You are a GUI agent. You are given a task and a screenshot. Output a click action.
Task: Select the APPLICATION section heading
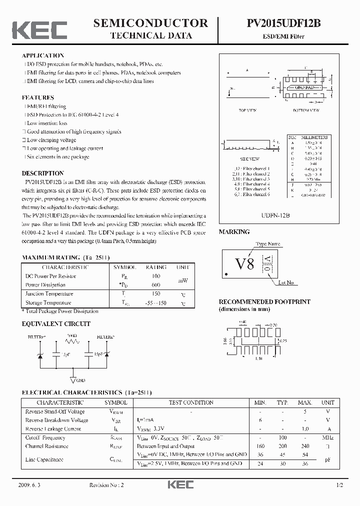tap(43, 55)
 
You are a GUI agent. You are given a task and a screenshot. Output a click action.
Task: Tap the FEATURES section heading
tap(38, 97)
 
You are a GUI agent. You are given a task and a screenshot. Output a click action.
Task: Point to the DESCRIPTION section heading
tap(43, 173)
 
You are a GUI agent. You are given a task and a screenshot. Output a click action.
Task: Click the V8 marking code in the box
tap(244, 263)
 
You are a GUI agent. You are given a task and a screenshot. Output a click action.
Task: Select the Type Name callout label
tap(268, 244)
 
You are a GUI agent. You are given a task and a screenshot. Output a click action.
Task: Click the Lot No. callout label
tap(286, 282)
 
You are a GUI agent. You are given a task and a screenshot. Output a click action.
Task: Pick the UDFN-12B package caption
tap(275, 214)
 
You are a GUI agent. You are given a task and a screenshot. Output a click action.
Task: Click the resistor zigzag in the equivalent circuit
tap(73, 342)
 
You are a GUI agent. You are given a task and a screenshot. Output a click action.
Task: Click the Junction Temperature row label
tap(49, 294)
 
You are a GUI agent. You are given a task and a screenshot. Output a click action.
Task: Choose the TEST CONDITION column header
tap(191, 402)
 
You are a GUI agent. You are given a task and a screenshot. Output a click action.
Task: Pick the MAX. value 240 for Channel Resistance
tap(305, 446)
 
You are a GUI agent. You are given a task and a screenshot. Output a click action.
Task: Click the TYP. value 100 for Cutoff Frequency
tap(283, 437)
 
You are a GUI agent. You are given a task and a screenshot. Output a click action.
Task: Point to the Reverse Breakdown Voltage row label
tap(56, 420)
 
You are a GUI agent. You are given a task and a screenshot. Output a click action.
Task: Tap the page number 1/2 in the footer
tap(340, 485)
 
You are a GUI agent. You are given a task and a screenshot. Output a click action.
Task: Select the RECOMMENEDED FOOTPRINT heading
tap(264, 302)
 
